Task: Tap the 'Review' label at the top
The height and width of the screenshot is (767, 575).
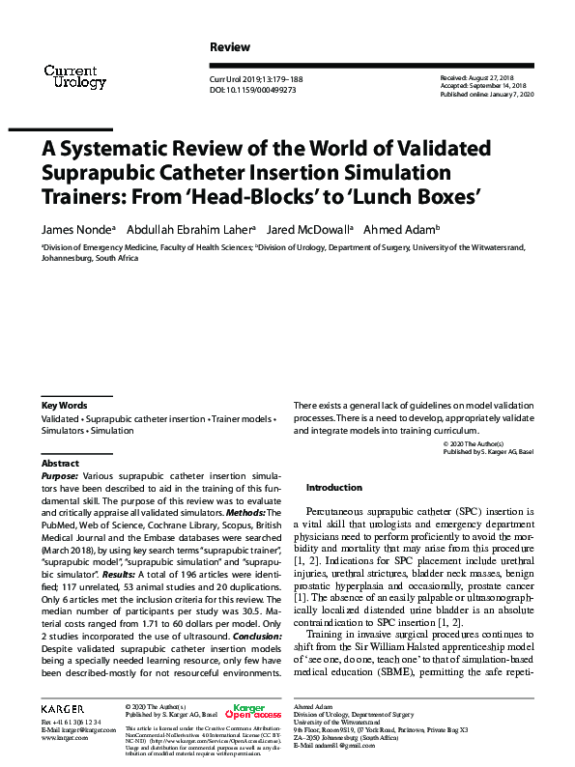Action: [x=229, y=47]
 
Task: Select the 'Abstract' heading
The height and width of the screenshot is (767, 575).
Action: [x=61, y=464]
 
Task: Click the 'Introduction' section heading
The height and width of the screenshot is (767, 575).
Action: [x=333, y=487]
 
